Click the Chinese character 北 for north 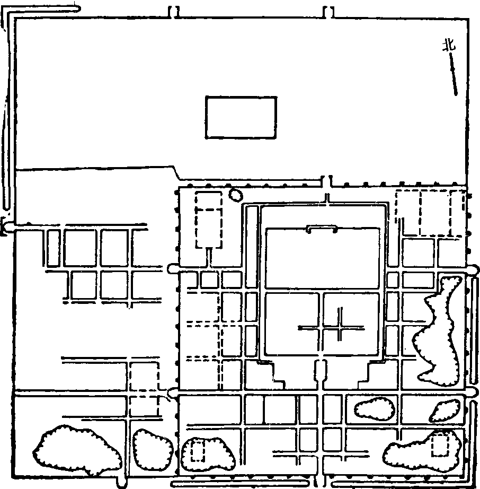click(449, 45)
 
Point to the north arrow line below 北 click(454, 74)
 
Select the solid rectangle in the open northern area click(241, 117)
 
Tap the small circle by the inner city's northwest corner click(236, 195)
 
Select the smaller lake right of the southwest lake click(153, 449)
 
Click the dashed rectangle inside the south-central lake click(198, 450)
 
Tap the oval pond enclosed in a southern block click(375, 409)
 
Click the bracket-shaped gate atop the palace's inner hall click(322, 229)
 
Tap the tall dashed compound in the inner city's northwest click(208, 220)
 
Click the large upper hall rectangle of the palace click(323, 258)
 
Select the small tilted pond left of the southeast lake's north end click(445, 411)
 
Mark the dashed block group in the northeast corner click(431, 213)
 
